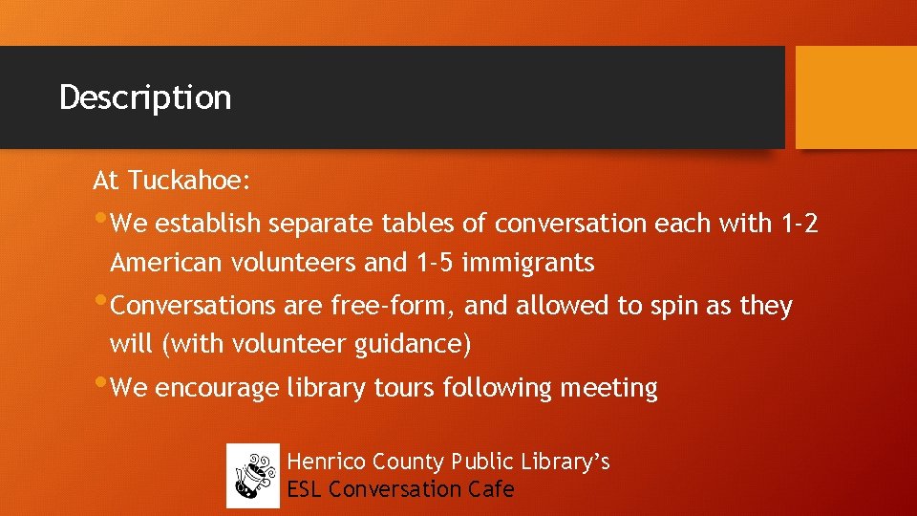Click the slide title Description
coord(145,97)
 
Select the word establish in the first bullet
coord(207,224)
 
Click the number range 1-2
coord(800,224)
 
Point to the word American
coord(165,262)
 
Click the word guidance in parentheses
coord(413,344)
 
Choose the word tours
coord(399,389)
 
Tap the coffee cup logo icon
coord(253,475)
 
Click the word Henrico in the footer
coord(327,462)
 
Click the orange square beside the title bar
coord(856,97)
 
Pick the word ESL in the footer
coord(305,489)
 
